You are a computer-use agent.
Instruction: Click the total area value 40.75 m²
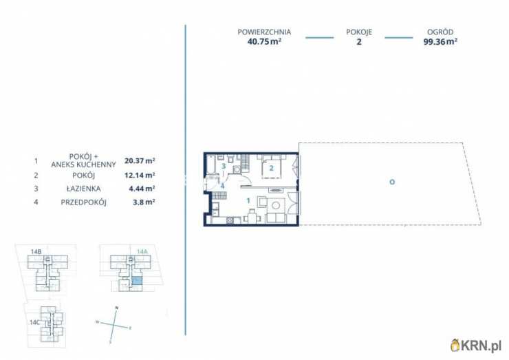point(264,41)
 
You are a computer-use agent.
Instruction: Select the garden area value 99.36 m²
point(440,41)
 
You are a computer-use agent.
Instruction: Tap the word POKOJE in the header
point(359,32)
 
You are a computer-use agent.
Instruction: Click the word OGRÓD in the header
point(440,32)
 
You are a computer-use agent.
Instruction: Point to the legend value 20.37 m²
point(140,160)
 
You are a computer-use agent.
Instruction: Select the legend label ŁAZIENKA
point(83,189)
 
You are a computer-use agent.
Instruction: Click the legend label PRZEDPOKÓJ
point(83,202)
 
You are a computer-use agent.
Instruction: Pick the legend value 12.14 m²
point(140,175)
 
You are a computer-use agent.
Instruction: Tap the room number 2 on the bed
point(272,168)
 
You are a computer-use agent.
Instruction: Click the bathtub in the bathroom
point(211,165)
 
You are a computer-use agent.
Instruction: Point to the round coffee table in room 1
point(276,205)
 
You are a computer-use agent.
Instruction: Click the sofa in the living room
point(276,218)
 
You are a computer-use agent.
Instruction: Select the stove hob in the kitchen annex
point(230,220)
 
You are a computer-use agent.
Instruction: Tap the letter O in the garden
point(392,182)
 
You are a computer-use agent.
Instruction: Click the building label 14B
point(36,251)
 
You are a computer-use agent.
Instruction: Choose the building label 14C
point(34,322)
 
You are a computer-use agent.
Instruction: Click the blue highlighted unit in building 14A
point(137,281)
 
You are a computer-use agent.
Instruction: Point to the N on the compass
point(117,308)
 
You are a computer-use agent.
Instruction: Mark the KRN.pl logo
point(476,345)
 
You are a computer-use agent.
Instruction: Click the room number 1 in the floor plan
point(248,201)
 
